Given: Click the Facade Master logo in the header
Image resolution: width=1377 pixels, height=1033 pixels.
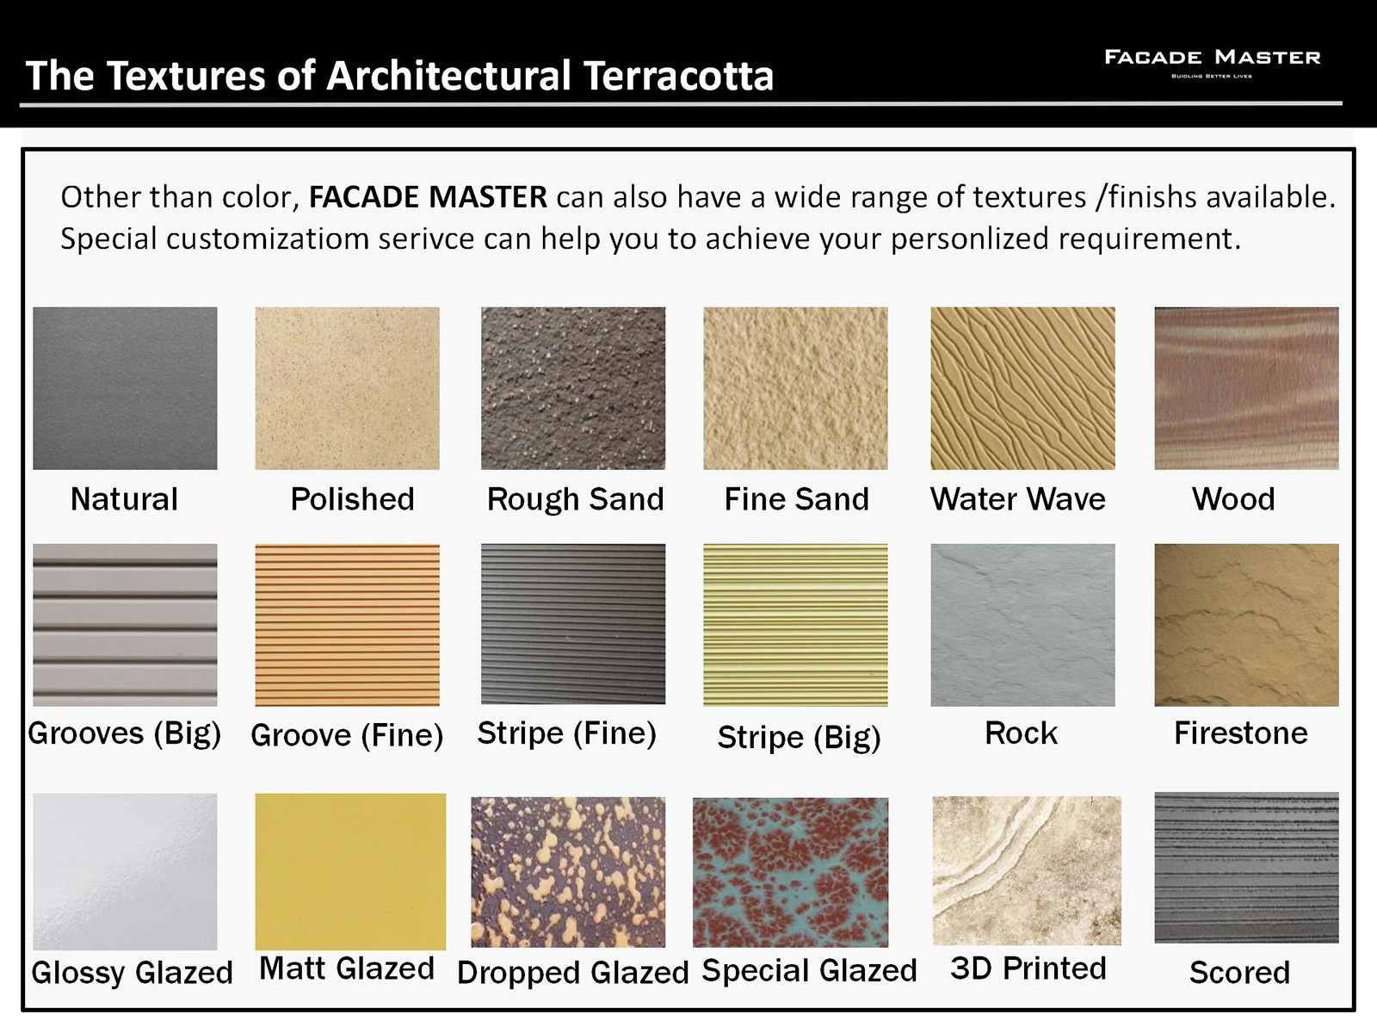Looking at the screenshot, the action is (1212, 64).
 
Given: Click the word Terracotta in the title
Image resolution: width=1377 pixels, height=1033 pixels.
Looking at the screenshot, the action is (678, 76).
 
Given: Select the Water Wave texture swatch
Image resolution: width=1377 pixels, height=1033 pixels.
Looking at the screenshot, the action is (1022, 388).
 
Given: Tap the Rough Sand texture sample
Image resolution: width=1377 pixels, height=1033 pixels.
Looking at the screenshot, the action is (573, 388).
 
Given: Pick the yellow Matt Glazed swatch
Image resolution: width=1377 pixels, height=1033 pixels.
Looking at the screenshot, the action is (350, 871).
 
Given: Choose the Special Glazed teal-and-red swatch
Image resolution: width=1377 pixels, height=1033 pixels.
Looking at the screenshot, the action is (790, 872).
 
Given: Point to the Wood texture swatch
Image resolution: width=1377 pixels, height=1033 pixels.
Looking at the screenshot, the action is (1246, 388).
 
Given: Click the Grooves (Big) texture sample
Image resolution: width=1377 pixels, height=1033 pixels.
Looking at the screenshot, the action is (125, 625).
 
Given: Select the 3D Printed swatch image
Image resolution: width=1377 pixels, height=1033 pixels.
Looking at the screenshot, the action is (1027, 870).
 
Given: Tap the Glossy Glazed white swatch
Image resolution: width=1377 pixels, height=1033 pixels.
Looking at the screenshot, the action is (125, 871).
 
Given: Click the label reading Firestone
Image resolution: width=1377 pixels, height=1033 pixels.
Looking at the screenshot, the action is (1241, 733).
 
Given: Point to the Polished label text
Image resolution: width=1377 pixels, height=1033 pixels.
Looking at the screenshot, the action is (352, 499).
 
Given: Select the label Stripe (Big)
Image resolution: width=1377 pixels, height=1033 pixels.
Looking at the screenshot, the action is (800, 738).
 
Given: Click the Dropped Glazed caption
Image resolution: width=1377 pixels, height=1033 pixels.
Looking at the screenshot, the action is (573, 973).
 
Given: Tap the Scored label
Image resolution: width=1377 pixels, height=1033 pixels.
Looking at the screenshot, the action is (1239, 973).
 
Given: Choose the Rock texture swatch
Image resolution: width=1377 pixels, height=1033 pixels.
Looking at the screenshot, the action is (1022, 625).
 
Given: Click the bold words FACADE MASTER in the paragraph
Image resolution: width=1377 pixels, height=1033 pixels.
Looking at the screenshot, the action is (428, 197).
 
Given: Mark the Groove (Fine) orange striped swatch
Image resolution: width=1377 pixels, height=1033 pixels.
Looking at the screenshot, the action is (347, 625).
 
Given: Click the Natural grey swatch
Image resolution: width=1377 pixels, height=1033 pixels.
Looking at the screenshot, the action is (125, 388).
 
